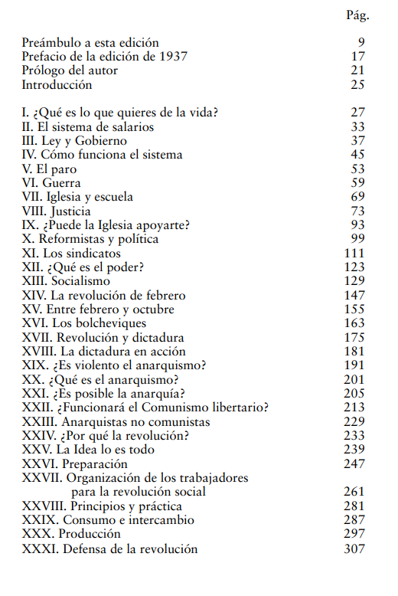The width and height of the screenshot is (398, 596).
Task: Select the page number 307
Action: (354, 549)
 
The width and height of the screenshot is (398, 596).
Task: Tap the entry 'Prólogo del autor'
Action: (70, 70)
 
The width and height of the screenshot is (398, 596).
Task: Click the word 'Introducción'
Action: (57, 84)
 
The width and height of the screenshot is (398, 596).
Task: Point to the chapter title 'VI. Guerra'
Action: (51, 183)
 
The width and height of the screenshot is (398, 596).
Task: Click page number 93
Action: (357, 225)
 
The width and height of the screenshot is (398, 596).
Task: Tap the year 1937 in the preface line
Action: (172, 56)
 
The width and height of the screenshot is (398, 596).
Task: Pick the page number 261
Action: (354, 492)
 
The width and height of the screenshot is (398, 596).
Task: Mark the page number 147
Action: (354, 296)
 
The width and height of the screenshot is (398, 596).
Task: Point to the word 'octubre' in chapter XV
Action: (152, 309)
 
